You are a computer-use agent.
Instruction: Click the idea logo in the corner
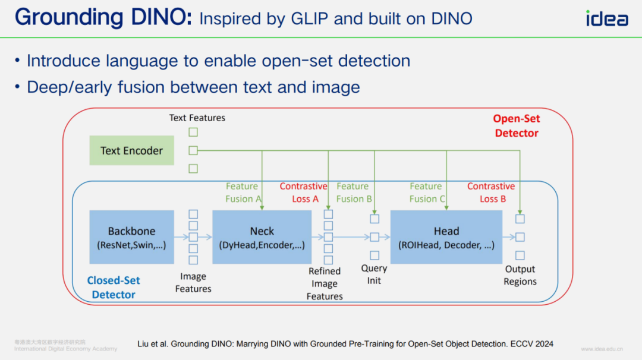[x=606, y=18]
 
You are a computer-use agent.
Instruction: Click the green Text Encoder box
[x=131, y=150]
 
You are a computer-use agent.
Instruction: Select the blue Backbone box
[x=131, y=237]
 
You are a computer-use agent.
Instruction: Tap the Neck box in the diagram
[x=262, y=237]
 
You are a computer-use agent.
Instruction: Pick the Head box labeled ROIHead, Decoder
[x=446, y=237]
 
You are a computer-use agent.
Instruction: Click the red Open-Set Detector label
[x=517, y=126]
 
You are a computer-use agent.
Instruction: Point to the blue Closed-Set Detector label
[x=114, y=288]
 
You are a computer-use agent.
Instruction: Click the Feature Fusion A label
[x=243, y=192]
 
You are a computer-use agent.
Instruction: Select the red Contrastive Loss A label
[x=304, y=192]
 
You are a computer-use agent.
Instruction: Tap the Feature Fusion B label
[x=353, y=192]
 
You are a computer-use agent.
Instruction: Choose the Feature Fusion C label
[x=426, y=192]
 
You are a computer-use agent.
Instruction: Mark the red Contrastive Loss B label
[x=491, y=192]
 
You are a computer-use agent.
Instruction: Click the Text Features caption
[x=197, y=118]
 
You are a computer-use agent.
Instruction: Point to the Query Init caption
[x=374, y=274]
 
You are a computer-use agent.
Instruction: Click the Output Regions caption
[x=520, y=276]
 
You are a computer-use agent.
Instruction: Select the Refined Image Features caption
[x=325, y=284]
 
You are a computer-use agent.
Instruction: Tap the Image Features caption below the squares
[x=193, y=283]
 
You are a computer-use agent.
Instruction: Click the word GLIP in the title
[x=305, y=18]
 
